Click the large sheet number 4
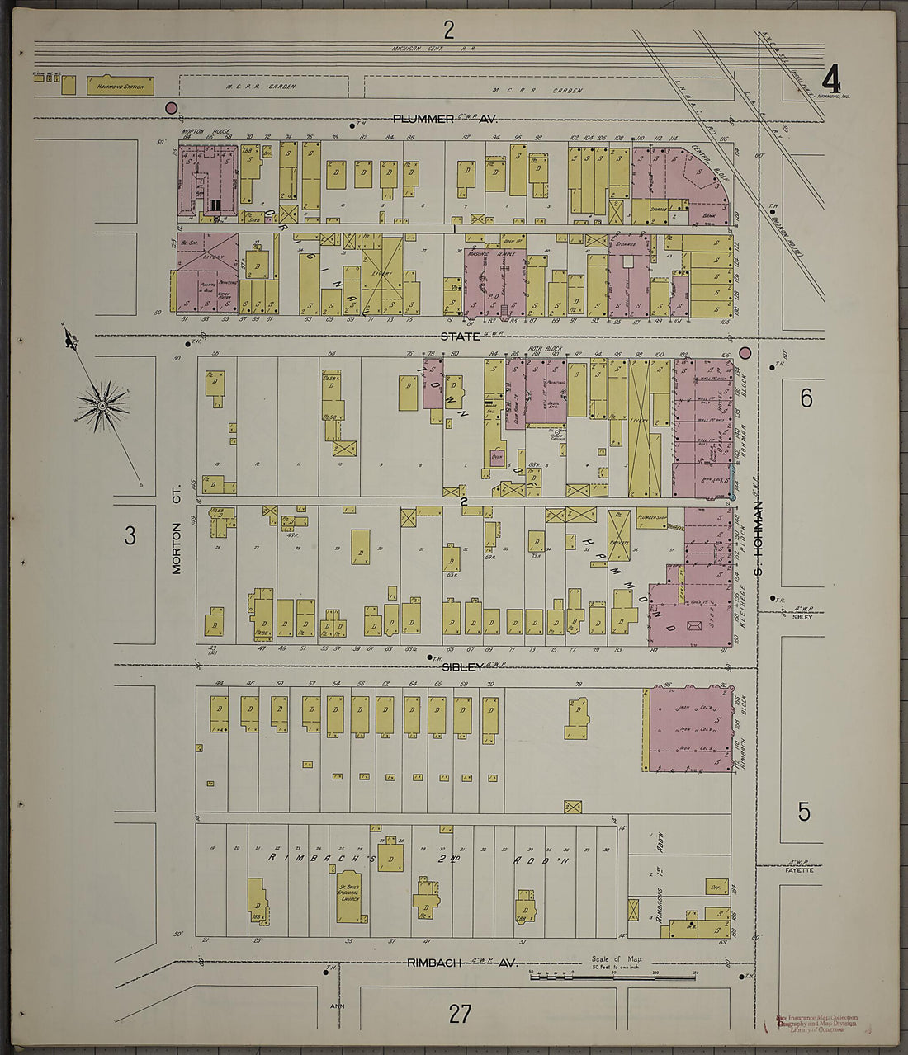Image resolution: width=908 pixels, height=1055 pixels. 830,80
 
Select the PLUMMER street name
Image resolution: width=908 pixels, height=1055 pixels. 423,119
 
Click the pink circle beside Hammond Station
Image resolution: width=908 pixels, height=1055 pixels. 172,107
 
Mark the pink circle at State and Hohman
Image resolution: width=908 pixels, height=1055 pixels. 745,352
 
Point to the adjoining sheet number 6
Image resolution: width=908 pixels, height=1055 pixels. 806,399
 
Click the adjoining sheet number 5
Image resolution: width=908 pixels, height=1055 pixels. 804,812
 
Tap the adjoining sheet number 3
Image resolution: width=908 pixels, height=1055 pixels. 130,536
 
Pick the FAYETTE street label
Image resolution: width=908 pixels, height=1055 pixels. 798,870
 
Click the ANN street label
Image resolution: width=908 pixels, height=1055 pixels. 336,1006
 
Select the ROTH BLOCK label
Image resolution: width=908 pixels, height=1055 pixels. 546,349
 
